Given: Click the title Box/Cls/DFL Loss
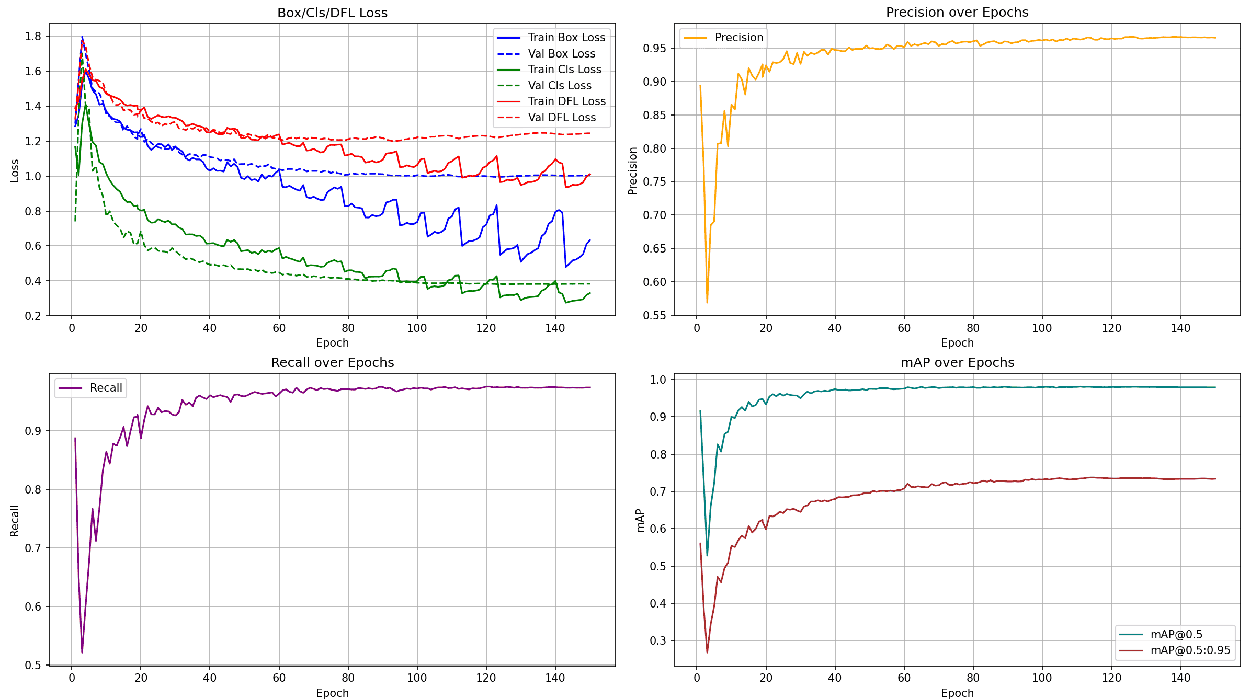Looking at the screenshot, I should (332, 13).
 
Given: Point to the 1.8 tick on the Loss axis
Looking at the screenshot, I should (33, 37).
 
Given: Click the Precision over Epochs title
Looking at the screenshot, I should (957, 13).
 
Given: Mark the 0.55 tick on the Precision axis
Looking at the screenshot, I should (654, 315).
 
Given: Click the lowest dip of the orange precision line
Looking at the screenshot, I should (707, 302).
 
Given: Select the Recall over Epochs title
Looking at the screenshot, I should (332, 363).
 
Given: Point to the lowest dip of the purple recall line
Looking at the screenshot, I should (82, 652).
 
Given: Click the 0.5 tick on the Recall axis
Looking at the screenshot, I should (33, 665).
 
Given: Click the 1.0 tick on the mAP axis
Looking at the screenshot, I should (658, 380).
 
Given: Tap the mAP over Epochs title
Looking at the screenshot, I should (957, 363).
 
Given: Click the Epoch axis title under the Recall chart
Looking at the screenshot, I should (332, 693).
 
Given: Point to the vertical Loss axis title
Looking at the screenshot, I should (15, 170).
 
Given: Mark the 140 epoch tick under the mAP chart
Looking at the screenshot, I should (1180, 678).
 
